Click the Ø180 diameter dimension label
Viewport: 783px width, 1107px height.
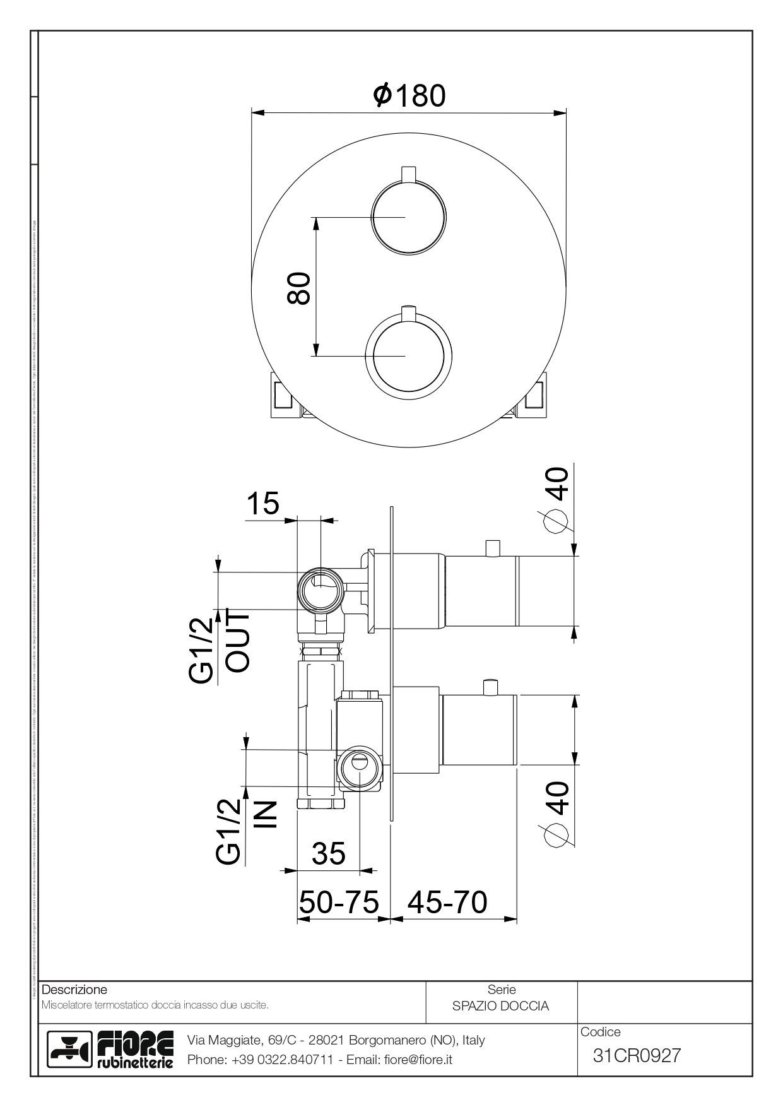[x=409, y=95]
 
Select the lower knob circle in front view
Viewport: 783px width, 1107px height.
[x=408, y=356]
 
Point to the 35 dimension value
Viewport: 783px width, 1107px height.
[x=329, y=853]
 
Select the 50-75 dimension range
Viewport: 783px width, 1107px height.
[x=339, y=903]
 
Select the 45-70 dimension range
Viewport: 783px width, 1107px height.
[x=447, y=903]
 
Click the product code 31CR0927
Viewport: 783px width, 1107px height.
[x=637, y=1055]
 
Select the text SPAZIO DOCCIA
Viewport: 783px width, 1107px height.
[x=500, y=1006]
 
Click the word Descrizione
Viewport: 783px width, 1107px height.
[x=74, y=989]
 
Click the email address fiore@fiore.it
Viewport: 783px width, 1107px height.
[x=418, y=1060]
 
